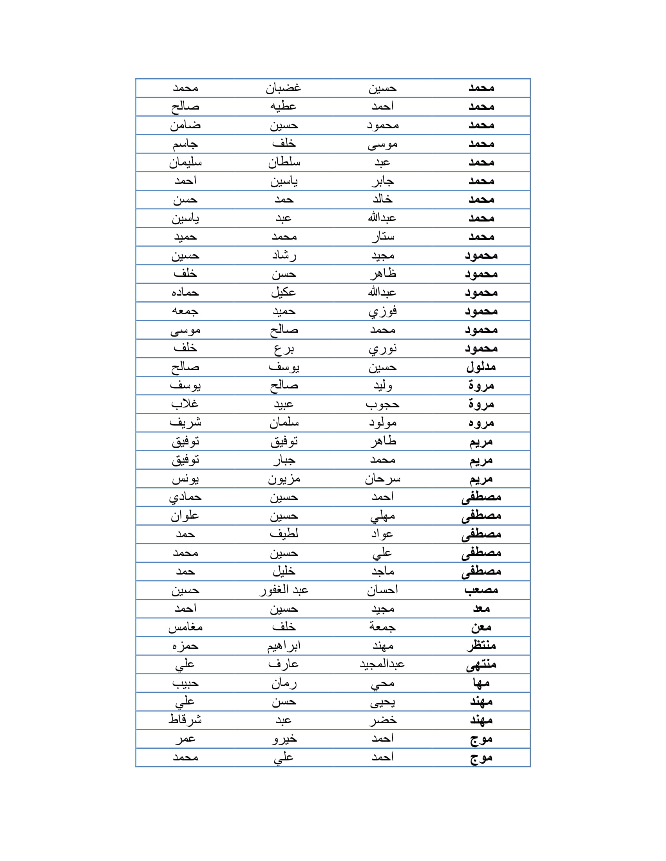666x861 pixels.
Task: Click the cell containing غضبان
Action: click(x=283, y=88)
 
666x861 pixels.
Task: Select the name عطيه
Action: click(x=283, y=106)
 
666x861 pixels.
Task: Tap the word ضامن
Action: click(x=185, y=125)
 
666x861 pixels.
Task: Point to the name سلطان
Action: click(x=284, y=162)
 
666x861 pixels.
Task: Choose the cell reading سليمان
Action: click(x=185, y=162)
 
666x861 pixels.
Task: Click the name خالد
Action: click(x=382, y=200)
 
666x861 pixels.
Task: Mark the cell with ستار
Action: click(x=382, y=237)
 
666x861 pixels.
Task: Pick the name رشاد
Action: click(x=284, y=256)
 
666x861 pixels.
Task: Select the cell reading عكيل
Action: click(x=283, y=292)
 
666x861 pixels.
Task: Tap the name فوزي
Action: click(x=382, y=312)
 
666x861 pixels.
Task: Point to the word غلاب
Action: click(x=185, y=404)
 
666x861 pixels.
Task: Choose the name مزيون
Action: click(x=284, y=479)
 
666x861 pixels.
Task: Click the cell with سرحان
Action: click(x=382, y=479)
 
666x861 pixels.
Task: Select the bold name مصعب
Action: click(x=481, y=590)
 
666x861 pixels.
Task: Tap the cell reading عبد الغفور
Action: click(x=284, y=590)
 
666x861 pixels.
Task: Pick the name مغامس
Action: click(x=185, y=627)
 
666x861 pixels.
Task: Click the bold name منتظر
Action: click(x=481, y=646)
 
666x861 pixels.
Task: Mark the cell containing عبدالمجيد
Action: click(x=382, y=665)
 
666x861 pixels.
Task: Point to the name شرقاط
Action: click(x=185, y=720)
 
